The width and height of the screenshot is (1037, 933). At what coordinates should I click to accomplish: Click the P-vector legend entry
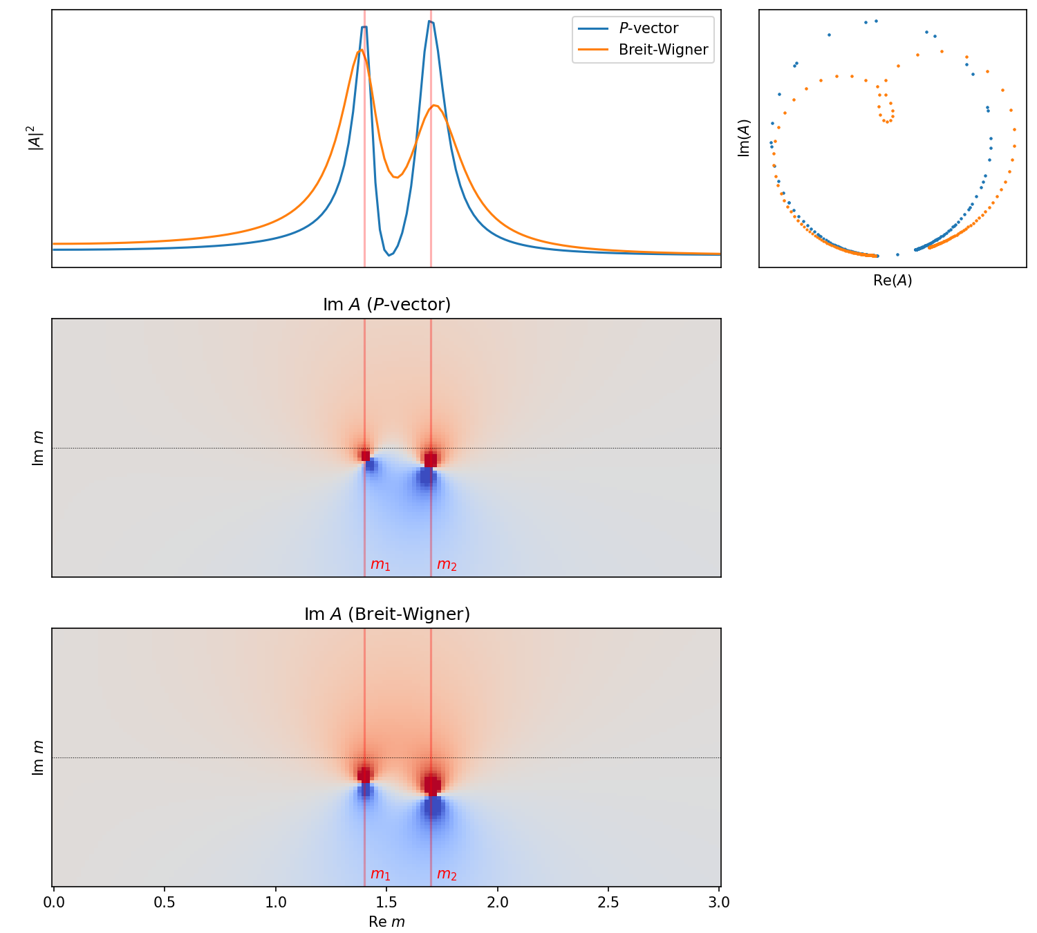[x=648, y=28]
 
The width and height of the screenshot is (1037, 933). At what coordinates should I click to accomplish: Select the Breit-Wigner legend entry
[x=662, y=50]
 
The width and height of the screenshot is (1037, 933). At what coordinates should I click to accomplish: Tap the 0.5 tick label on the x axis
[x=165, y=902]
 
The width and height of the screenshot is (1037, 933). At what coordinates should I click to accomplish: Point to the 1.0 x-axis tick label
[x=276, y=902]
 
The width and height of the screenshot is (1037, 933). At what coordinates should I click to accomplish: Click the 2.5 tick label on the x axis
[x=608, y=902]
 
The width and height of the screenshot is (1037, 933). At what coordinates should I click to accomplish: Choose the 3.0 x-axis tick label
[x=719, y=902]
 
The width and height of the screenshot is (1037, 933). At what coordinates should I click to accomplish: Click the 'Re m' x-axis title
[x=386, y=922]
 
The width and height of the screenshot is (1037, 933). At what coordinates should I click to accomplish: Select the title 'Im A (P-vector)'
[x=386, y=305]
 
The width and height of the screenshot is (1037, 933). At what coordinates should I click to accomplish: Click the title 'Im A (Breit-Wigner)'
[x=386, y=614]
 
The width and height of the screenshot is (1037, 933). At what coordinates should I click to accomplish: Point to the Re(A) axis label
[x=893, y=281]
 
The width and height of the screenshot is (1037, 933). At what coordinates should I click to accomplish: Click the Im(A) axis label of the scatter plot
[x=744, y=138]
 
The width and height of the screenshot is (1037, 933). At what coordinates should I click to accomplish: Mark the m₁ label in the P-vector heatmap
[x=380, y=565]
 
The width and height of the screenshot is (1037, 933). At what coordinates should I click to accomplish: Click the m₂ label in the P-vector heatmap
[x=447, y=565]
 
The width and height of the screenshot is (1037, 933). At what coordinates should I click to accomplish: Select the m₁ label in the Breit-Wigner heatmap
[x=380, y=874]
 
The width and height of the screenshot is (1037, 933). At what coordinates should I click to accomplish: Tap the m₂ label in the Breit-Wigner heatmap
[x=447, y=874]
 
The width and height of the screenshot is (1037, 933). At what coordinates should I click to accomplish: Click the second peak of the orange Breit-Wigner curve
[x=434, y=106]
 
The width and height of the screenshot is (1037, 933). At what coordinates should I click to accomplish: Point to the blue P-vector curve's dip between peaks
[x=389, y=255]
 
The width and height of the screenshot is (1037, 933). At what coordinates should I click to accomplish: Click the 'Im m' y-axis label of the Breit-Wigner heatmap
[x=38, y=757]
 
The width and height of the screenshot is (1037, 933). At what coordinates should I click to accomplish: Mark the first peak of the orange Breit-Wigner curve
[x=360, y=50]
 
